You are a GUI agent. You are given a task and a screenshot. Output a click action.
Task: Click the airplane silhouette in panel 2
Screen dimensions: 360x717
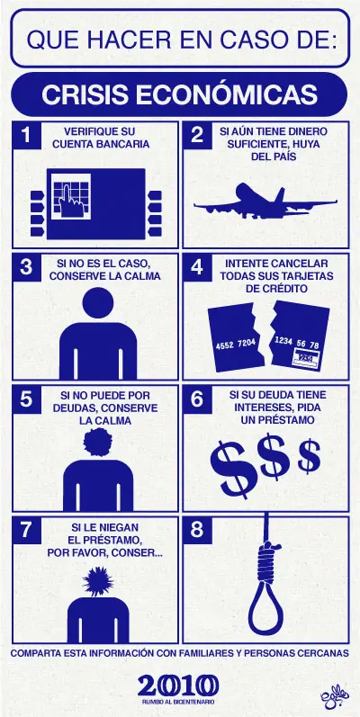(x=265, y=202)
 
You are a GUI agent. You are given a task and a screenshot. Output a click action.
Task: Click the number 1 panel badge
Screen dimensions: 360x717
(x=27, y=136)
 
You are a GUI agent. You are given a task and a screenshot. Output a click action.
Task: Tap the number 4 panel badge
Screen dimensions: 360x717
(x=197, y=267)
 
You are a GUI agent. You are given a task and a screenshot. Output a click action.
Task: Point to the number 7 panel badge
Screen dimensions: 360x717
(x=27, y=530)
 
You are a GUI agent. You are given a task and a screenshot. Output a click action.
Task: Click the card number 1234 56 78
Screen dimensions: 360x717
(x=297, y=343)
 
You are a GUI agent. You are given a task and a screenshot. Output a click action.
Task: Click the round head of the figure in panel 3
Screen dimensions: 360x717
(x=98, y=302)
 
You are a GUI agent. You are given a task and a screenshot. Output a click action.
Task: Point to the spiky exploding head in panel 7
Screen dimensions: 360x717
(x=98, y=581)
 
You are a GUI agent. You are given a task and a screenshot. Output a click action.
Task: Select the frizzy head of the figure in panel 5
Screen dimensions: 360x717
(x=98, y=443)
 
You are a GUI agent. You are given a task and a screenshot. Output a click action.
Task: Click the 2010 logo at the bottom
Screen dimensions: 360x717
(x=178, y=686)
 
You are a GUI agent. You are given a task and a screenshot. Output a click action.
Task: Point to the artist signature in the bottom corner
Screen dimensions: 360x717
(x=334, y=699)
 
